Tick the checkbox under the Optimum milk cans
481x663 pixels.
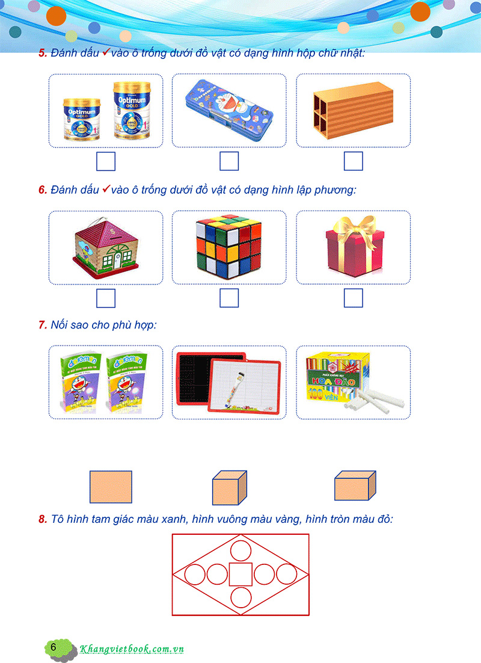pyautogui.click(x=106, y=161)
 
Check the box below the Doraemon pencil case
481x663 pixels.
pyautogui.click(x=229, y=161)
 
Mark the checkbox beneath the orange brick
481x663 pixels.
pyautogui.click(x=353, y=161)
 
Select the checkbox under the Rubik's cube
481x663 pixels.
pyautogui.click(x=229, y=298)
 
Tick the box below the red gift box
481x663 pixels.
pyautogui.click(x=353, y=298)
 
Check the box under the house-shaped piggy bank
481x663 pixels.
pyautogui.click(x=106, y=298)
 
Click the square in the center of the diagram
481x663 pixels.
pyautogui.click(x=240, y=574)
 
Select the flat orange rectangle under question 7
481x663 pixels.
pyautogui.click(x=111, y=486)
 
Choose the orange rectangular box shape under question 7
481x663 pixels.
pyautogui.click(x=355, y=486)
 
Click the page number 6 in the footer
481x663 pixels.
pyautogui.click(x=54, y=647)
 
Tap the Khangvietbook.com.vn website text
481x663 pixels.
pyautogui.click(x=132, y=649)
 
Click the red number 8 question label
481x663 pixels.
pyautogui.click(x=43, y=519)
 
